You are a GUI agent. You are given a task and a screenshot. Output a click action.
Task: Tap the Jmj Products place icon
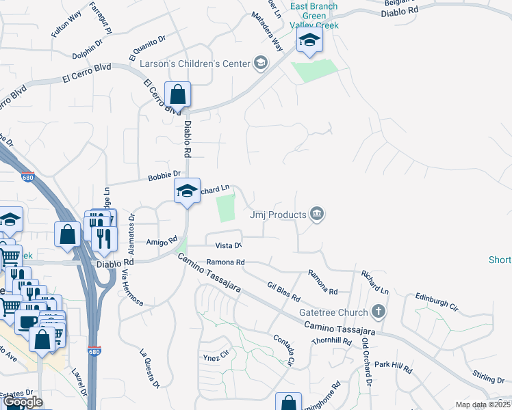[x=316, y=215]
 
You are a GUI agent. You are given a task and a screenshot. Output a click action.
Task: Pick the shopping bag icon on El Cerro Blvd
[x=177, y=95]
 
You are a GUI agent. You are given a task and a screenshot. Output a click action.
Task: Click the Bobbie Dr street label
[x=164, y=176]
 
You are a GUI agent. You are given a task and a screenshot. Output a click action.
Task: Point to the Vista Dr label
[x=229, y=245]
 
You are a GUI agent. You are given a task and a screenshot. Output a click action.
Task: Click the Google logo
[x=23, y=402]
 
